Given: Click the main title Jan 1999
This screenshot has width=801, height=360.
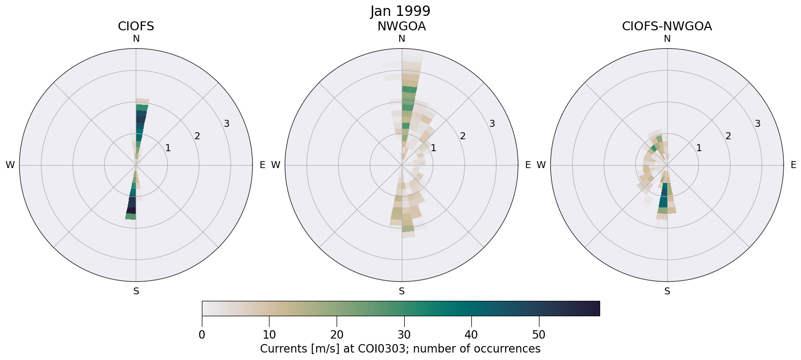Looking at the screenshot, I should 400,11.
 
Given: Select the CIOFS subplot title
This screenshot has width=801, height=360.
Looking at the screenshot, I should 136,26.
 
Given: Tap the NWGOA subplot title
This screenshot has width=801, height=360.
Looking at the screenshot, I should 401,26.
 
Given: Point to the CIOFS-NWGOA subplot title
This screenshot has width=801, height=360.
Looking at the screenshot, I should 667,26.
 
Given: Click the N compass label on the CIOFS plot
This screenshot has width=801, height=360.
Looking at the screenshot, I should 136,39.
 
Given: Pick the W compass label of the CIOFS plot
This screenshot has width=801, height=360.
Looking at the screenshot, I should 10,165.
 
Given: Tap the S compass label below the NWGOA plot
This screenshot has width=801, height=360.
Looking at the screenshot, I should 401,291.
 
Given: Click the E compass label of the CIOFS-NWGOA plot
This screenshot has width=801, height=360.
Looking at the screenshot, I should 793,165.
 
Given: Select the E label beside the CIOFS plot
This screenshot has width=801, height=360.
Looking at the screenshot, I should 262,165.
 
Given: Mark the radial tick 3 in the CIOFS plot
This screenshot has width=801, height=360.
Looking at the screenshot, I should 227,124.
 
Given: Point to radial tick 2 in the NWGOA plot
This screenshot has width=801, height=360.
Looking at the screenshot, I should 462,136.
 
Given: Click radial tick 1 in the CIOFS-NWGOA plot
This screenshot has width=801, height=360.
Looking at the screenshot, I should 699,148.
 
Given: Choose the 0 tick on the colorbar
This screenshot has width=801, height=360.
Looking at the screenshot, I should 202,335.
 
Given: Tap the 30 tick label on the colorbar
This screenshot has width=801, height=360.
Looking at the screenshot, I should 404,335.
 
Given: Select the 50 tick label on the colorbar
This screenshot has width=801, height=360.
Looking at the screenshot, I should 539,335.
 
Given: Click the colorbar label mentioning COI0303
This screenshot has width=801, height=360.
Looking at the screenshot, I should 400,349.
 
